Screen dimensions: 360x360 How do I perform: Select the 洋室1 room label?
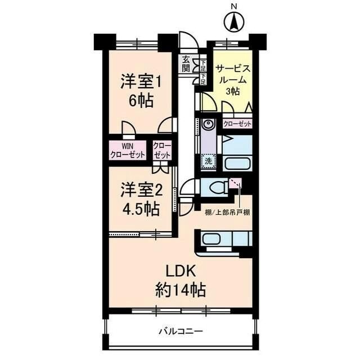click(140, 83)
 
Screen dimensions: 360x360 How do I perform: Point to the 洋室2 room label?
click(140, 190)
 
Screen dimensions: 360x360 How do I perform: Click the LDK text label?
click(181, 270)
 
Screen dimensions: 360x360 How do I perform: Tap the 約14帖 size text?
click(181, 290)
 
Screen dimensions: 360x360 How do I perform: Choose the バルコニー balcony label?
click(180, 331)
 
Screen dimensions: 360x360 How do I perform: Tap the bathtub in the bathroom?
click(237, 164)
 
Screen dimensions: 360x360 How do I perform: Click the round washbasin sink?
click(208, 124)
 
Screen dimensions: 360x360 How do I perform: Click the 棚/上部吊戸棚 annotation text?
click(228, 213)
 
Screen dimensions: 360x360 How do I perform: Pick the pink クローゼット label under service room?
click(237, 124)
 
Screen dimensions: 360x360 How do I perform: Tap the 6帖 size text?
click(140, 102)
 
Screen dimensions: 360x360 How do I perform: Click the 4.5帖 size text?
click(140, 209)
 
